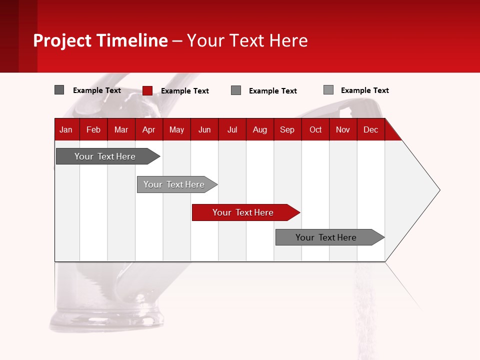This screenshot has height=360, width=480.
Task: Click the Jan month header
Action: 66,129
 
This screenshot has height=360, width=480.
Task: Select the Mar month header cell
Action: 121,129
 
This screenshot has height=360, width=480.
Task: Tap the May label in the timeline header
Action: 176,129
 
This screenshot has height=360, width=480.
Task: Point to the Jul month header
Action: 232,129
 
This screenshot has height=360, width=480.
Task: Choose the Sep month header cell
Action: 287,129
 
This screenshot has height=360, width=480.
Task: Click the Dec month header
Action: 370,129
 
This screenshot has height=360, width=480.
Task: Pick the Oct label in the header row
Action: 315,129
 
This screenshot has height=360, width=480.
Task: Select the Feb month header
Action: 93,129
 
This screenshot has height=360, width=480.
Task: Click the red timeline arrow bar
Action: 245,212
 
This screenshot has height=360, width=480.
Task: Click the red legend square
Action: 147,90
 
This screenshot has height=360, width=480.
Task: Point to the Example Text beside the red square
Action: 184,91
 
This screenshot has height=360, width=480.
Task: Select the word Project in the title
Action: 62,40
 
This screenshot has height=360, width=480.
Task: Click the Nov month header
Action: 343,129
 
